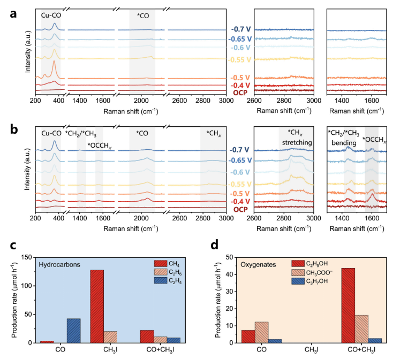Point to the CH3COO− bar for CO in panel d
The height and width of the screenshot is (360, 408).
(x=261, y=332)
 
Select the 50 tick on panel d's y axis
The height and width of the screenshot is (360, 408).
(x=230, y=257)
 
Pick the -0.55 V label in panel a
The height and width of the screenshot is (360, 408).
(x=240, y=59)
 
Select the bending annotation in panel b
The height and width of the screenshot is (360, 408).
(x=344, y=144)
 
